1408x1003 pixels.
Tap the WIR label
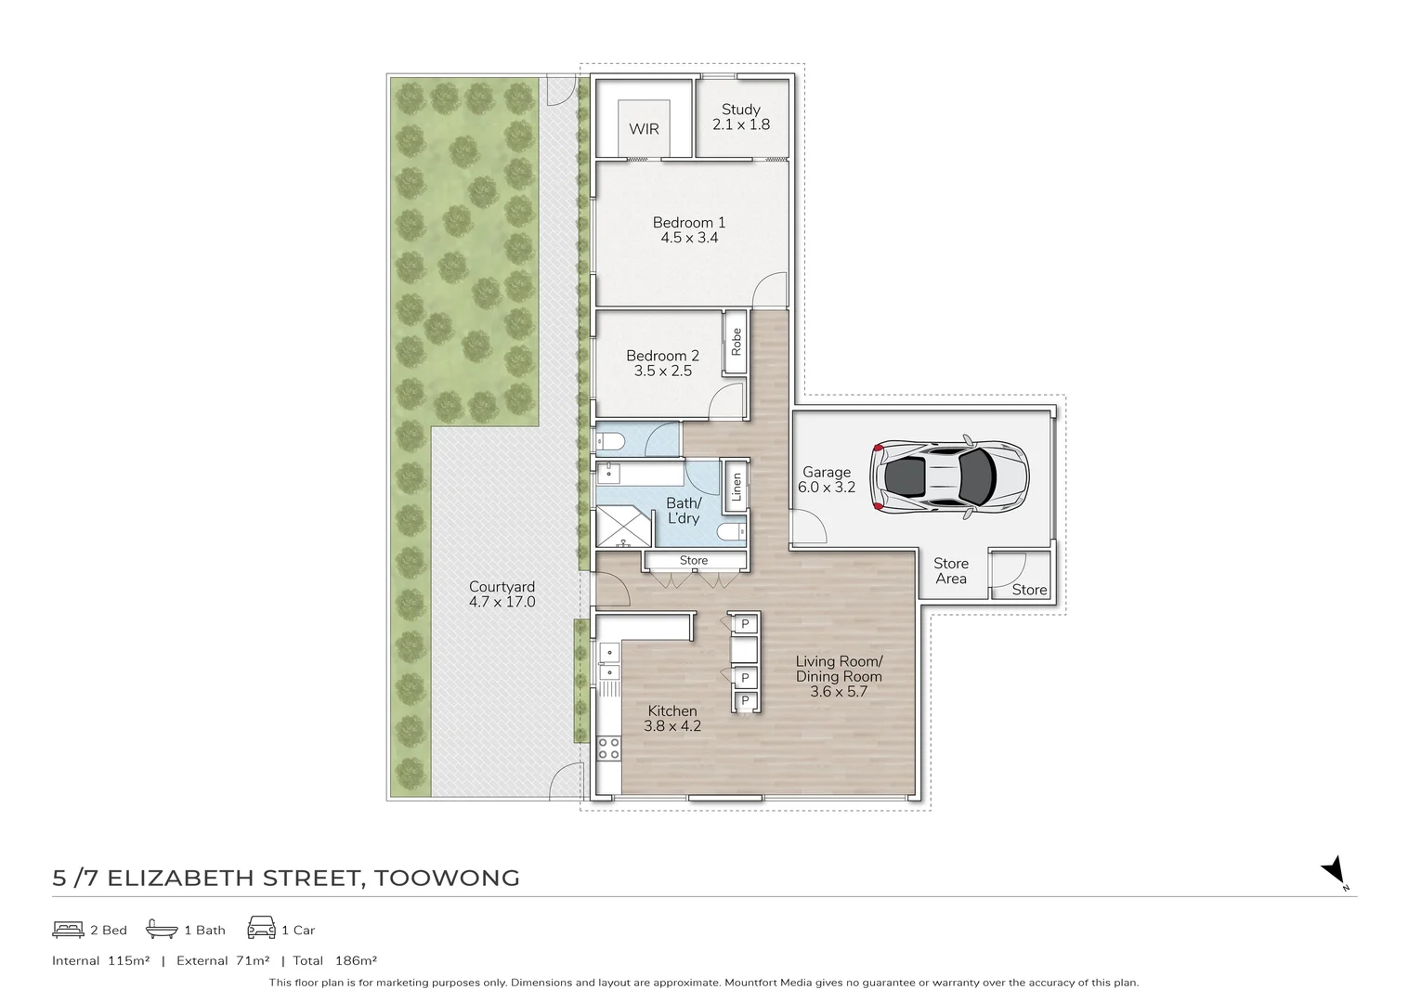pos(644,129)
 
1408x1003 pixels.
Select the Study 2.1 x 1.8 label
pos(740,117)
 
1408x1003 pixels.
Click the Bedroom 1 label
pos(689,229)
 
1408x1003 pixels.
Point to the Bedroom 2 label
pos(662,363)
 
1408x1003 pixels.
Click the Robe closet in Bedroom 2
pos(737,342)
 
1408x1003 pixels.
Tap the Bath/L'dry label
pos(684,511)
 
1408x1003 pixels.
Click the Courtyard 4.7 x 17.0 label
pos(502,594)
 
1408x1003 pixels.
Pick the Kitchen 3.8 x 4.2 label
pos(671,719)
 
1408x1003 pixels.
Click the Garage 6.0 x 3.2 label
pos(827,479)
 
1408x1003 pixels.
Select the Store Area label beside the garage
pos(950,571)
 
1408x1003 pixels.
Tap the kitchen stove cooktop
pos(608,748)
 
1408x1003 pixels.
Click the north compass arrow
pos(1334,870)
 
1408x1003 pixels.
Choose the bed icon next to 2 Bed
pos(68,930)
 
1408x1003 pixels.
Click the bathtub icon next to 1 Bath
pos(162,930)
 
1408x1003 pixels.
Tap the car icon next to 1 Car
pos(261,929)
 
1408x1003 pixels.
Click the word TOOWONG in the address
pos(446,878)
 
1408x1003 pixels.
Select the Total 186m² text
pos(334,961)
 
